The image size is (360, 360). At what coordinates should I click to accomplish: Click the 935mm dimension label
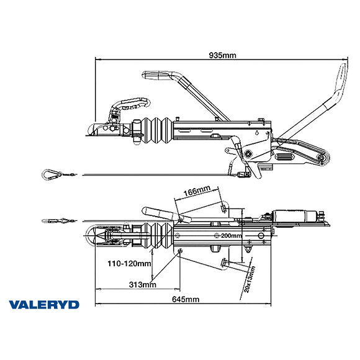[223, 55]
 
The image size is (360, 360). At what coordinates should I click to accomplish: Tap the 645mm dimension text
[186, 299]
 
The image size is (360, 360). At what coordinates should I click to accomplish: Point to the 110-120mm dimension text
[129, 263]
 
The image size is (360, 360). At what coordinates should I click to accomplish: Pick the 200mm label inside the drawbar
[231, 236]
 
